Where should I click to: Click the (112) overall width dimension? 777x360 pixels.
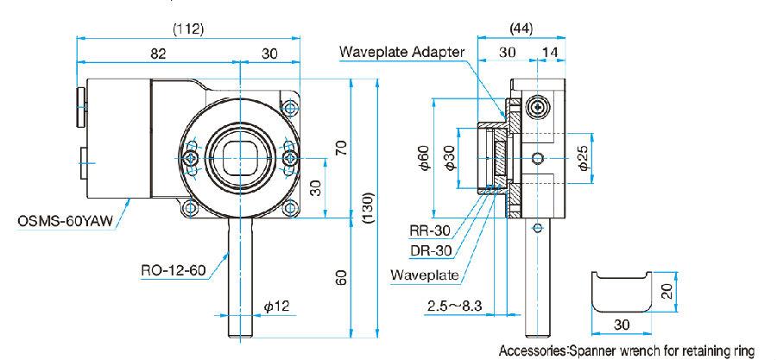tap(188, 28)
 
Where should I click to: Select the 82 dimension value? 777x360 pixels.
tap(157, 54)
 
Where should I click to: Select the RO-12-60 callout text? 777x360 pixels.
tap(173, 270)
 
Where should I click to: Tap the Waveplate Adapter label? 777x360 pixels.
tap(402, 52)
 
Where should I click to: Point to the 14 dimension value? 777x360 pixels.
tap(549, 54)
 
